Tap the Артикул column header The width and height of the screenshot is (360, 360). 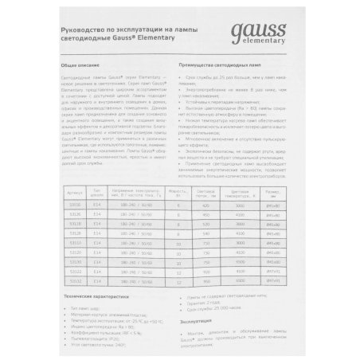point(76,192)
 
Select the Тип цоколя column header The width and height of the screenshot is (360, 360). point(98,192)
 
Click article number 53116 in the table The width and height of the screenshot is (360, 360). point(76,205)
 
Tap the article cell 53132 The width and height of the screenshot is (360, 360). point(76,280)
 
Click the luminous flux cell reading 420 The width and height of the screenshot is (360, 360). point(205,205)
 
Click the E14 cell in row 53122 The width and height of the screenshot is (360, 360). point(98,271)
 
